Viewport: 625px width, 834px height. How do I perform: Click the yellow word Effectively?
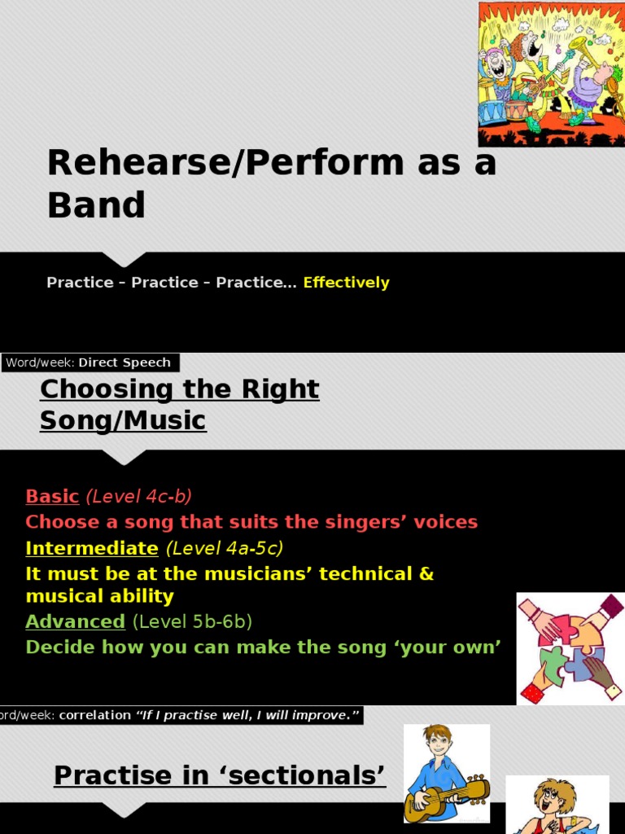[x=346, y=283]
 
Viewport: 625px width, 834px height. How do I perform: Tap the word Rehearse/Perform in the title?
[x=226, y=162]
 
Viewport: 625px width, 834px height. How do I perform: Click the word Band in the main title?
[x=96, y=204]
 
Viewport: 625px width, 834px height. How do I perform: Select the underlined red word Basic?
[x=52, y=496]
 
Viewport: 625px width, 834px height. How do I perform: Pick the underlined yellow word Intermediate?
[x=92, y=548]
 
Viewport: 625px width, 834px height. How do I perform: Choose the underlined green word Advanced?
[x=76, y=621]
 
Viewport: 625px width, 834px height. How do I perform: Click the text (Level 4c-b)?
[x=138, y=496]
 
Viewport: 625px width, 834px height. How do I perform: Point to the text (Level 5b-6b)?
[x=192, y=621]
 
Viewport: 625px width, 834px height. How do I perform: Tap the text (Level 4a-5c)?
[x=225, y=548]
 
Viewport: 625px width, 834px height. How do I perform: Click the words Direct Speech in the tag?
[x=125, y=362]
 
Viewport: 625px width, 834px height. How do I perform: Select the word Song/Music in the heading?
[x=124, y=420]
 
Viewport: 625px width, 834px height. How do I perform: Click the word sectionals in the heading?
[x=304, y=775]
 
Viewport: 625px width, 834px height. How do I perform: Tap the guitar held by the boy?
[x=447, y=799]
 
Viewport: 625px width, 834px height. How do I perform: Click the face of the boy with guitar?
[x=440, y=741]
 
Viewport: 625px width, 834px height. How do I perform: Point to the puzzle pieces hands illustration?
[x=570, y=648]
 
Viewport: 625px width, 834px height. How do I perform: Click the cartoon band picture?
[x=552, y=74]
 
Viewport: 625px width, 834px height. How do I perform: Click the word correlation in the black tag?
[x=95, y=715]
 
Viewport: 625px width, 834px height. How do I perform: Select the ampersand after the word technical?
[x=426, y=574]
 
